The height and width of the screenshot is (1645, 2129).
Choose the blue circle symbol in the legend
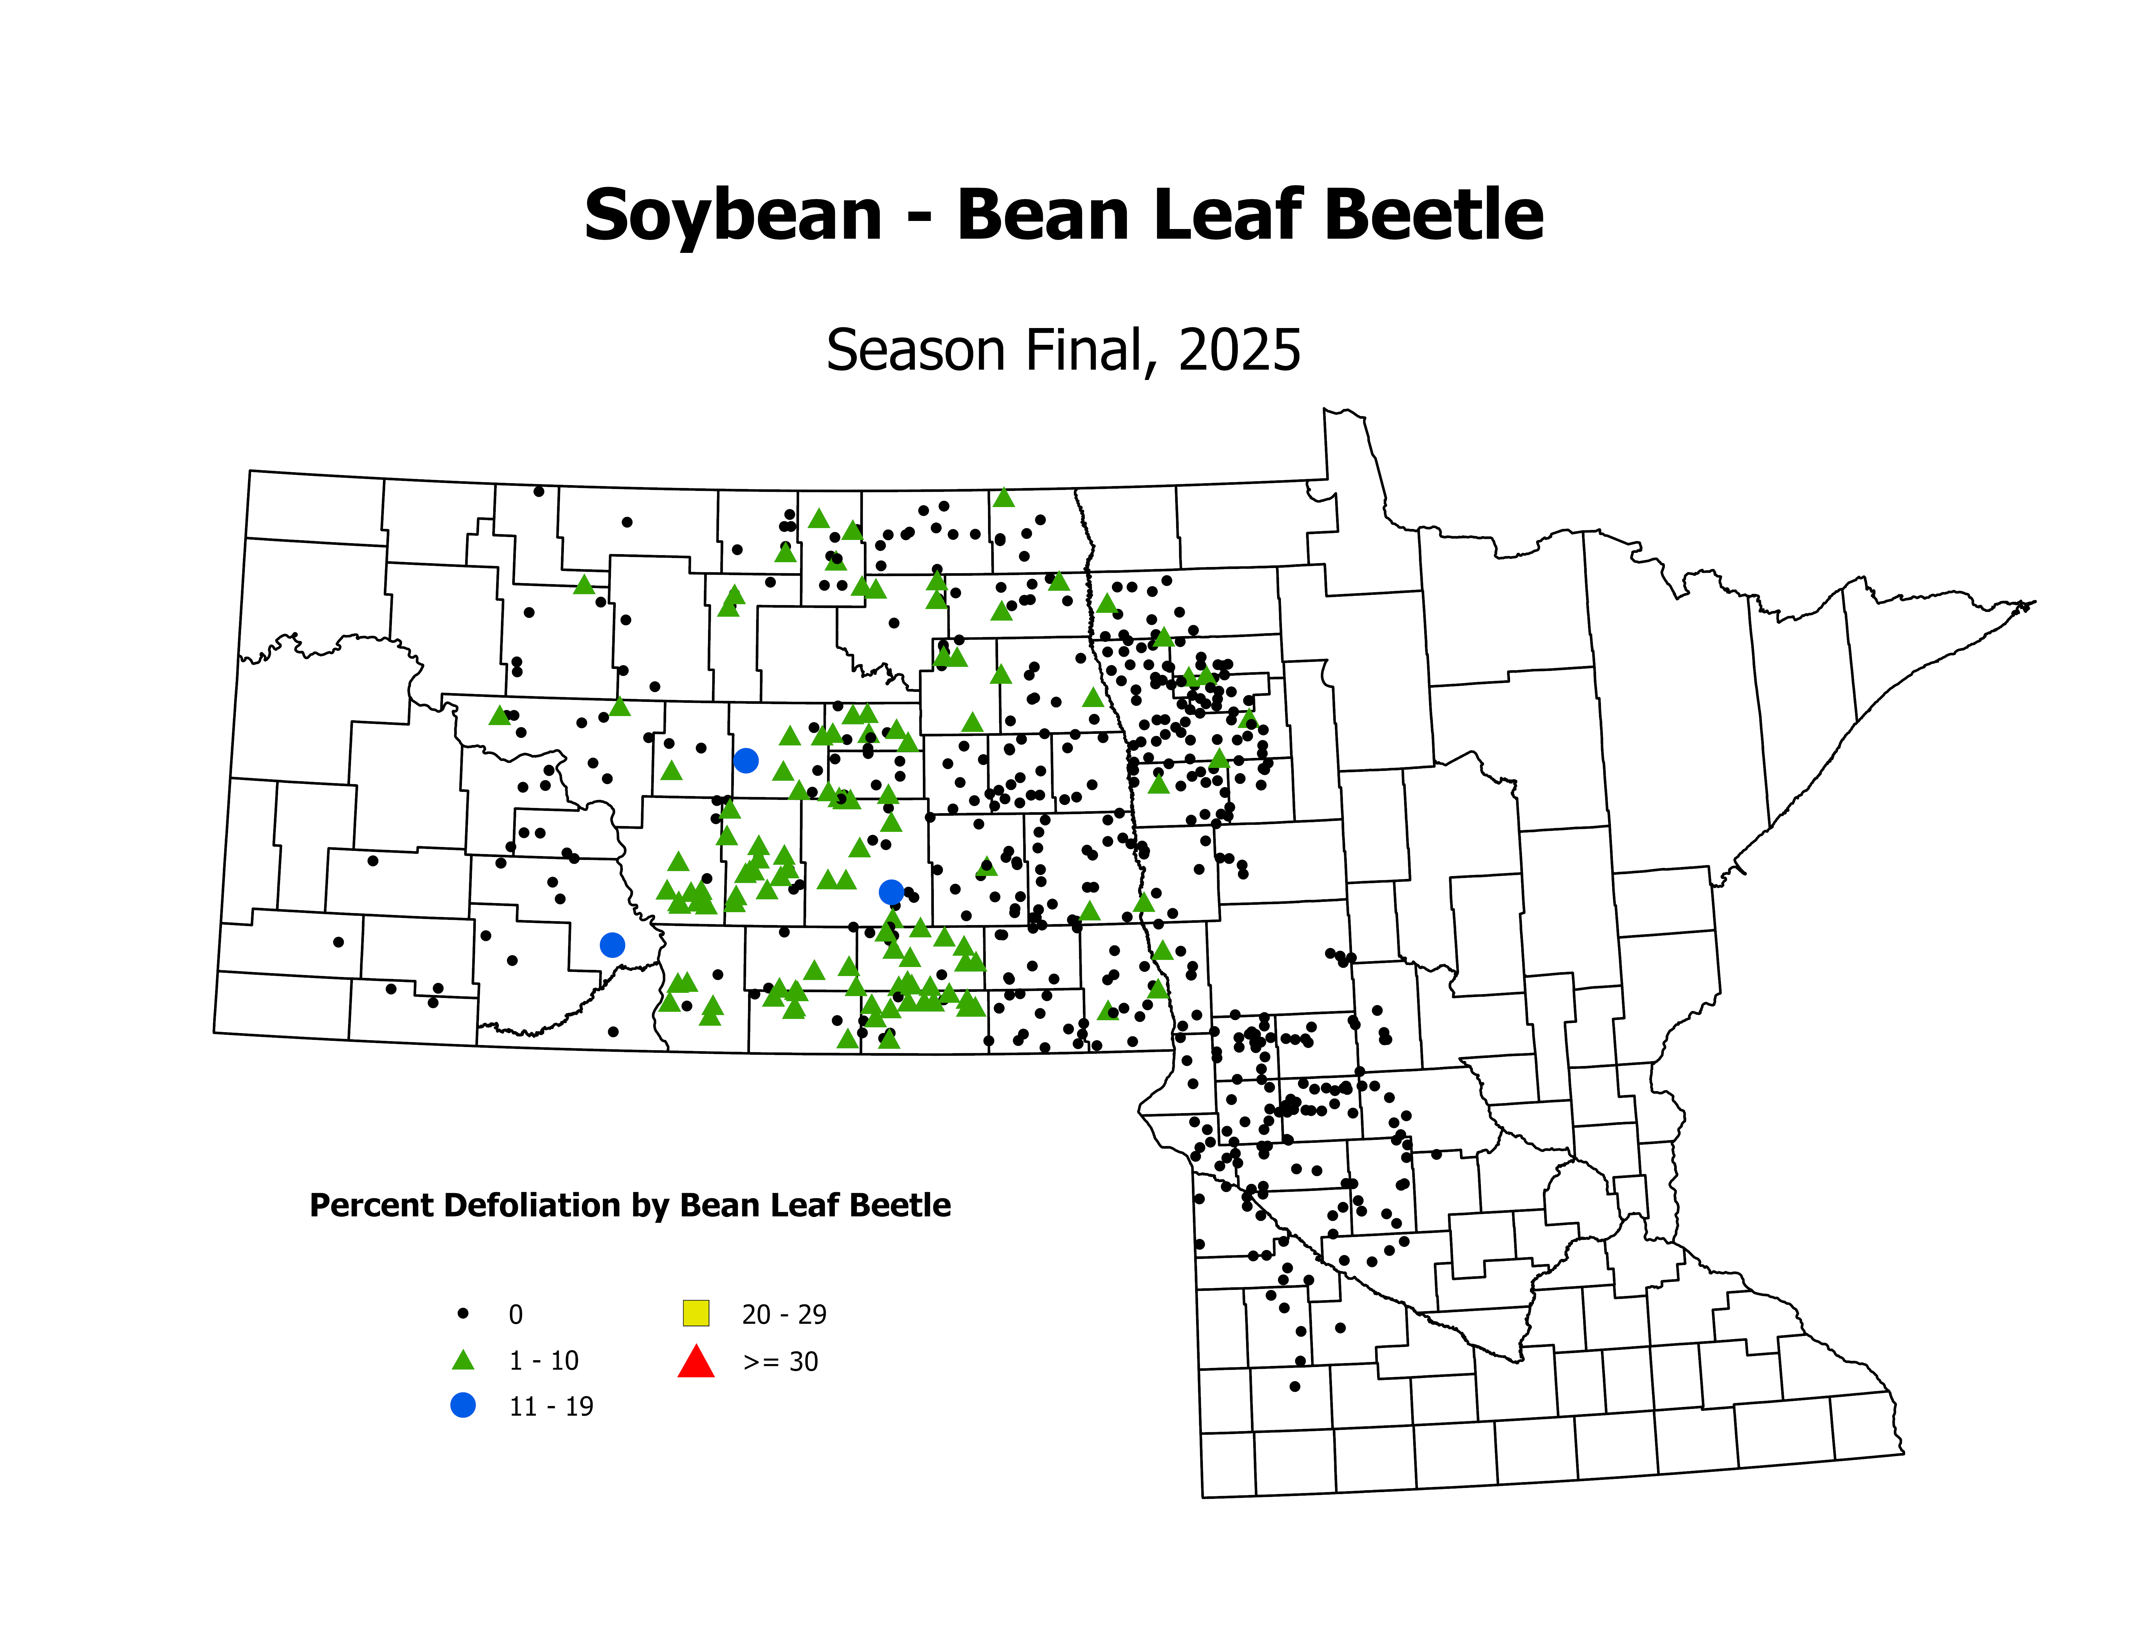pyautogui.click(x=463, y=1405)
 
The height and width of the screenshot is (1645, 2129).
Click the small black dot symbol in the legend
pyautogui.click(x=463, y=1314)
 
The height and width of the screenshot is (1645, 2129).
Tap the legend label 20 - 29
pyautogui.click(x=784, y=1315)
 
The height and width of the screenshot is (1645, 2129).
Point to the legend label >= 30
pyautogui.click(x=780, y=1361)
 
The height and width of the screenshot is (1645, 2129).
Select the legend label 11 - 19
pyautogui.click(x=551, y=1406)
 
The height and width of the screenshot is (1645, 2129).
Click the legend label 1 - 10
pyautogui.click(x=543, y=1361)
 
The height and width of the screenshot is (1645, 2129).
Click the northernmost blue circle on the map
pyautogui.click(x=746, y=760)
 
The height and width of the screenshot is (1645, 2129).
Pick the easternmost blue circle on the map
pyautogui.click(x=891, y=892)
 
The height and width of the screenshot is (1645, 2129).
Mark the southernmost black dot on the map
pyautogui.click(x=1294, y=1386)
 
